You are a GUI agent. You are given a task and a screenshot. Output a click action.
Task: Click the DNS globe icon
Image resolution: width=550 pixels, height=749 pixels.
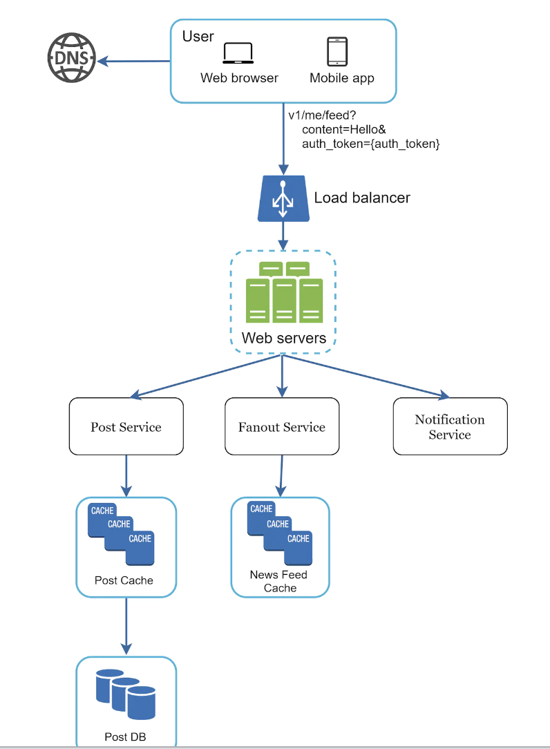point(71,59)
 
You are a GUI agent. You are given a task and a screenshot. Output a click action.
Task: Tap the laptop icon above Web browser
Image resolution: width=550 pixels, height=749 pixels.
point(238,53)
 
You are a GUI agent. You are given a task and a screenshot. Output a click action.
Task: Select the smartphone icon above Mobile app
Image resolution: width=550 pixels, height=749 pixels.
point(337,51)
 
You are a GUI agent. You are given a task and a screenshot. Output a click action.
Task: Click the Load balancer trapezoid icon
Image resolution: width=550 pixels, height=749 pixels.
point(282,198)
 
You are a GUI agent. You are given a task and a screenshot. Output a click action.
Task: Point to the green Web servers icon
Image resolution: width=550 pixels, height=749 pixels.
point(283,292)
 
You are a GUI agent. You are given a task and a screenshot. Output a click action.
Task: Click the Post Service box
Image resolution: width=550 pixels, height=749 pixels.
point(126,426)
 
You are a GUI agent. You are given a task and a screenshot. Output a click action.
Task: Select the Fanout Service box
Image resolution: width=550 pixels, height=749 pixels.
point(282,426)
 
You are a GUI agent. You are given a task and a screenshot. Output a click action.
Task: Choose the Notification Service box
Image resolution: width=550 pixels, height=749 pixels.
point(450,426)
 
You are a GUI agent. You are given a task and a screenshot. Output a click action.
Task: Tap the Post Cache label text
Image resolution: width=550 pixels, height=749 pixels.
point(124,580)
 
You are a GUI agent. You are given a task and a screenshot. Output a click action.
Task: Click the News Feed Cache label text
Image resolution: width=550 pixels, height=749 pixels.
point(279,581)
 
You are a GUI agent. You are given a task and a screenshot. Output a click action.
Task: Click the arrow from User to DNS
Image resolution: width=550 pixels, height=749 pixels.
point(134,61)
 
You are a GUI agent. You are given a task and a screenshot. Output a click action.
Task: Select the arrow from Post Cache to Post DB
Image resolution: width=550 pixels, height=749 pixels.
point(126,626)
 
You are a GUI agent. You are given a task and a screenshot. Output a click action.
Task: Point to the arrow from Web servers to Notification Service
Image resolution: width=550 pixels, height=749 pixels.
point(366,377)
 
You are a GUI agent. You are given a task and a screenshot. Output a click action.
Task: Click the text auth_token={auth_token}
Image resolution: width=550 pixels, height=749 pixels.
point(371,144)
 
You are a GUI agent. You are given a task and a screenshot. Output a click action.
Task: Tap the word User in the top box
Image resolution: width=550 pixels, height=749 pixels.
point(198,36)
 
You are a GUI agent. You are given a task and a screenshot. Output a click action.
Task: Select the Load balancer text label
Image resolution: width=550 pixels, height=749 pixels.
point(362,198)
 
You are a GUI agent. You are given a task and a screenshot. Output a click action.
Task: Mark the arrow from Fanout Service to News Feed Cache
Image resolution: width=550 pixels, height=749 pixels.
point(281,476)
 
